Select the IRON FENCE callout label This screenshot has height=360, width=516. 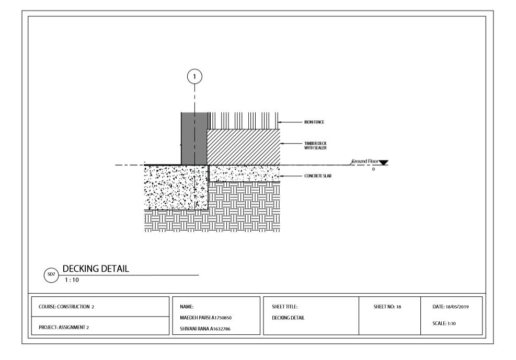pyautogui.click(x=314, y=122)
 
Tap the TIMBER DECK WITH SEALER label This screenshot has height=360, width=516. pyautogui.click(x=315, y=146)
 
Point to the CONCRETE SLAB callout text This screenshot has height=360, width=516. pyautogui.click(x=317, y=176)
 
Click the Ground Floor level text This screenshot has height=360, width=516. pyautogui.click(x=365, y=161)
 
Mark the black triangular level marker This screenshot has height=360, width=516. pyautogui.click(x=383, y=162)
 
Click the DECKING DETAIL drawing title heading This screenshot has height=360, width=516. pyautogui.click(x=96, y=269)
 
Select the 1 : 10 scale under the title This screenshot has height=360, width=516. pyautogui.click(x=72, y=280)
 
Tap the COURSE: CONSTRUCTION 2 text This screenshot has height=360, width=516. pyautogui.click(x=66, y=307)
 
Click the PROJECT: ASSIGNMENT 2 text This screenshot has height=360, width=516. pyautogui.click(x=63, y=328)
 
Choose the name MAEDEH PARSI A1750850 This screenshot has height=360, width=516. pyautogui.click(x=205, y=318)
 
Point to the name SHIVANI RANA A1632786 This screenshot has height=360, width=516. pyautogui.click(x=205, y=329)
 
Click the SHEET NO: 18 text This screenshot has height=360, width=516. pyautogui.click(x=387, y=307)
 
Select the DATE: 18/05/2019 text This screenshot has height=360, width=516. pyautogui.click(x=451, y=307)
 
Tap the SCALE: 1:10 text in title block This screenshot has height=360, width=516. pyautogui.click(x=444, y=323)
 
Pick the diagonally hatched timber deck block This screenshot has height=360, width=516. pyautogui.click(x=244, y=147)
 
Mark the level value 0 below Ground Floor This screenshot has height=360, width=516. pyautogui.click(x=373, y=169)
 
